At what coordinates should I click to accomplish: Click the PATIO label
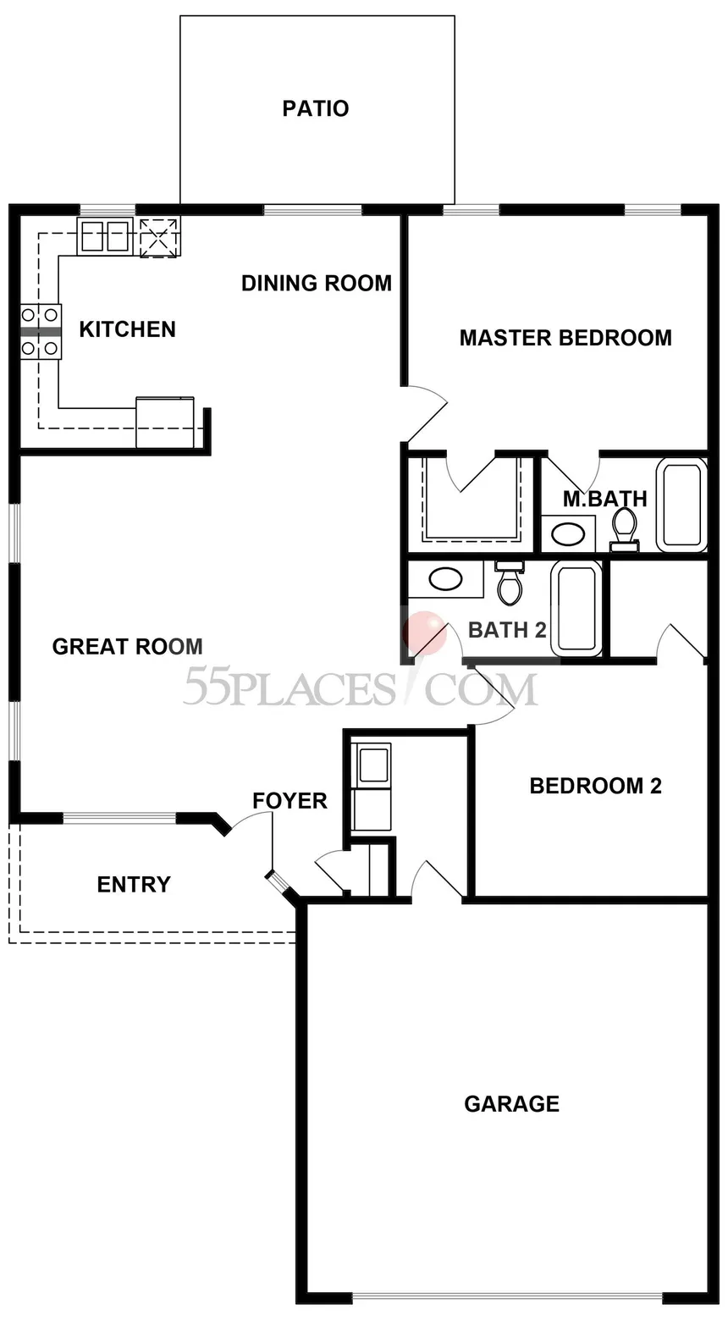pyautogui.click(x=316, y=108)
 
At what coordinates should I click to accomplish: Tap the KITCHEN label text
pyautogui.click(x=128, y=329)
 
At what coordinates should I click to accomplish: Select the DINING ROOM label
pyautogui.click(x=317, y=284)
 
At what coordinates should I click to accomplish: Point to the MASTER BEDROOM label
pyautogui.click(x=565, y=338)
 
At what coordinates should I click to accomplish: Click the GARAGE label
pyautogui.click(x=512, y=1104)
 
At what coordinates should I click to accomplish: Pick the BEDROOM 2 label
pyautogui.click(x=595, y=786)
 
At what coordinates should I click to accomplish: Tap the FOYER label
pyautogui.click(x=290, y=801)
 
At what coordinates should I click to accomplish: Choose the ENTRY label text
pyautogui.click(x=134, y=885)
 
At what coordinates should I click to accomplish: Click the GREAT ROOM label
pyautogui.click(x=127, y=646)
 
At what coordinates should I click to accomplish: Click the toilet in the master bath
pyautogui.click(x=625, y=529)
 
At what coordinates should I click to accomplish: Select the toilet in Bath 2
pyautogui.click(x=510, y=583)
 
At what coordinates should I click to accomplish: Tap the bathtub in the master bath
pyautogui.click(x=682, y=505)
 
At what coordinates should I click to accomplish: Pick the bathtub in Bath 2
pyautogui.click(x=577, y=608)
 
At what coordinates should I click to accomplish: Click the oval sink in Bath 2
pyautogui.click(x=446, y=579)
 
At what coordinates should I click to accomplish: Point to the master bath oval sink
pyautogui.click(x=568, y=534)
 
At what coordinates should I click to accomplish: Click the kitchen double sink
pyautogui.click(x=104, y=236)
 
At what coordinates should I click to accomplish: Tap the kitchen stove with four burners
pyautogui.click(x=41, y=332)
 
